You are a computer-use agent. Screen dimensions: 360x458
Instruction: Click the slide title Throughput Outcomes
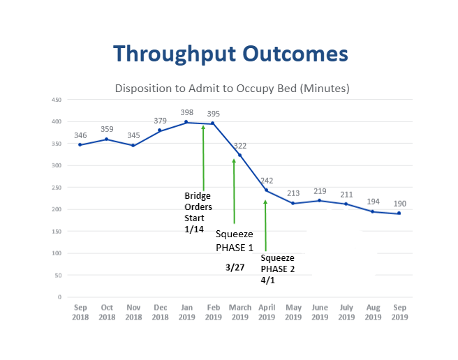(x=230, y=54)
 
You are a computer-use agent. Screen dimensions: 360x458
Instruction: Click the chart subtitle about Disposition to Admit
(x=232, y=89)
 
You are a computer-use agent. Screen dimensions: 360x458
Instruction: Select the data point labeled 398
(x=186, y=122)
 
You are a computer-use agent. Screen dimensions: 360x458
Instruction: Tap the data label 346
(x=80, y=135)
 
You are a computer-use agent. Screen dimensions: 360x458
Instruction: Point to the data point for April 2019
(x=266, y=190)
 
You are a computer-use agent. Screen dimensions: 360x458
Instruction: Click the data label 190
(x=399, y=204)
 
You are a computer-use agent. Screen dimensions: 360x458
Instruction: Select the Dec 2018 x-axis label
(x=160, y=312)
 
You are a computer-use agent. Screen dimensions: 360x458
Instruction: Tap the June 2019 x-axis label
(x=320, y=312)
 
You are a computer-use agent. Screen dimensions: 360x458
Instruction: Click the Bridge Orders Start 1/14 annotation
(x=198, y=207)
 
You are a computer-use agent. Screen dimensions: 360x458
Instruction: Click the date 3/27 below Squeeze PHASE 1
(x=235, y=267)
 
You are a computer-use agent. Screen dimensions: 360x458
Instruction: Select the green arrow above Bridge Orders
(x=203, y=157)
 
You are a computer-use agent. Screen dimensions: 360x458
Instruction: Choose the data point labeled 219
(x=319, y=200)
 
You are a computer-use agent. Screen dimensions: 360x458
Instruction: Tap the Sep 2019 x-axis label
(x=399, y=312)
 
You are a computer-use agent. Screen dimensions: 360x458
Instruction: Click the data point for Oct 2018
(x=107, y=139)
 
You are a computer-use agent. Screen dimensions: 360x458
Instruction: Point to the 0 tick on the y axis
(x=60, y=297)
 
